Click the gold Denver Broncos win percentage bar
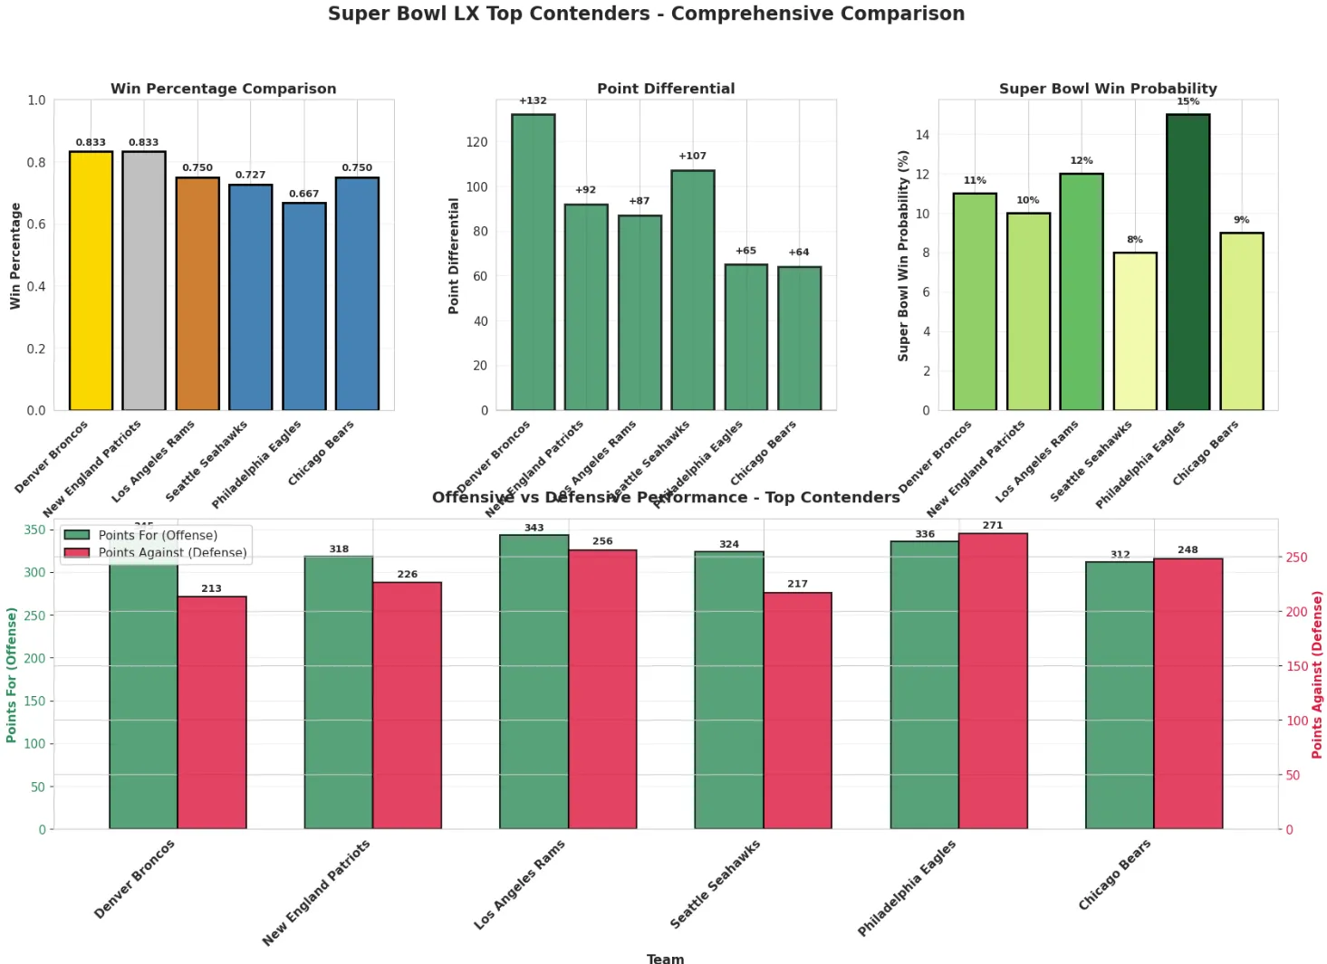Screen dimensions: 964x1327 coord(91,281)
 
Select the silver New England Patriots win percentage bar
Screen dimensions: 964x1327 coord(144,281)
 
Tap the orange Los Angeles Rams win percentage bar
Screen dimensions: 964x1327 coord(197,294)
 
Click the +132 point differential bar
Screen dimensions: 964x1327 coord(533,262)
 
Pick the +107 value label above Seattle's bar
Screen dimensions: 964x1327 coord(692,156)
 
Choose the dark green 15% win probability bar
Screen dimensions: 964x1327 coord(1188,262)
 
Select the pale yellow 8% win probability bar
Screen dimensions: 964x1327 coord(1134,331)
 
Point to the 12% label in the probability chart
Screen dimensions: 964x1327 coord(1081,160)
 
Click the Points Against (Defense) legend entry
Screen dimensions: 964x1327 coord(172,552)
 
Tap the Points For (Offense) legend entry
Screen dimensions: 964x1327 coord(158,535)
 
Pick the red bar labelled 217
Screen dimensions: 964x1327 coord(797,711)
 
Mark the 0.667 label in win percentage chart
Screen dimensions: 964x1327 coord(303,194)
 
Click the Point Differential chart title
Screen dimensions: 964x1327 coord(666,89)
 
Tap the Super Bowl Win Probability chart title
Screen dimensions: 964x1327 coord(1108,89)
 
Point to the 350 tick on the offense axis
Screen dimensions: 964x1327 coord(34,530)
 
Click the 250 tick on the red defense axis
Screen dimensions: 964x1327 coord(1297,558)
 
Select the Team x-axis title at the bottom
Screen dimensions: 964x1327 coord(665,959)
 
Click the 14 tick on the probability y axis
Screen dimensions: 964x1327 coord(922,135)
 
